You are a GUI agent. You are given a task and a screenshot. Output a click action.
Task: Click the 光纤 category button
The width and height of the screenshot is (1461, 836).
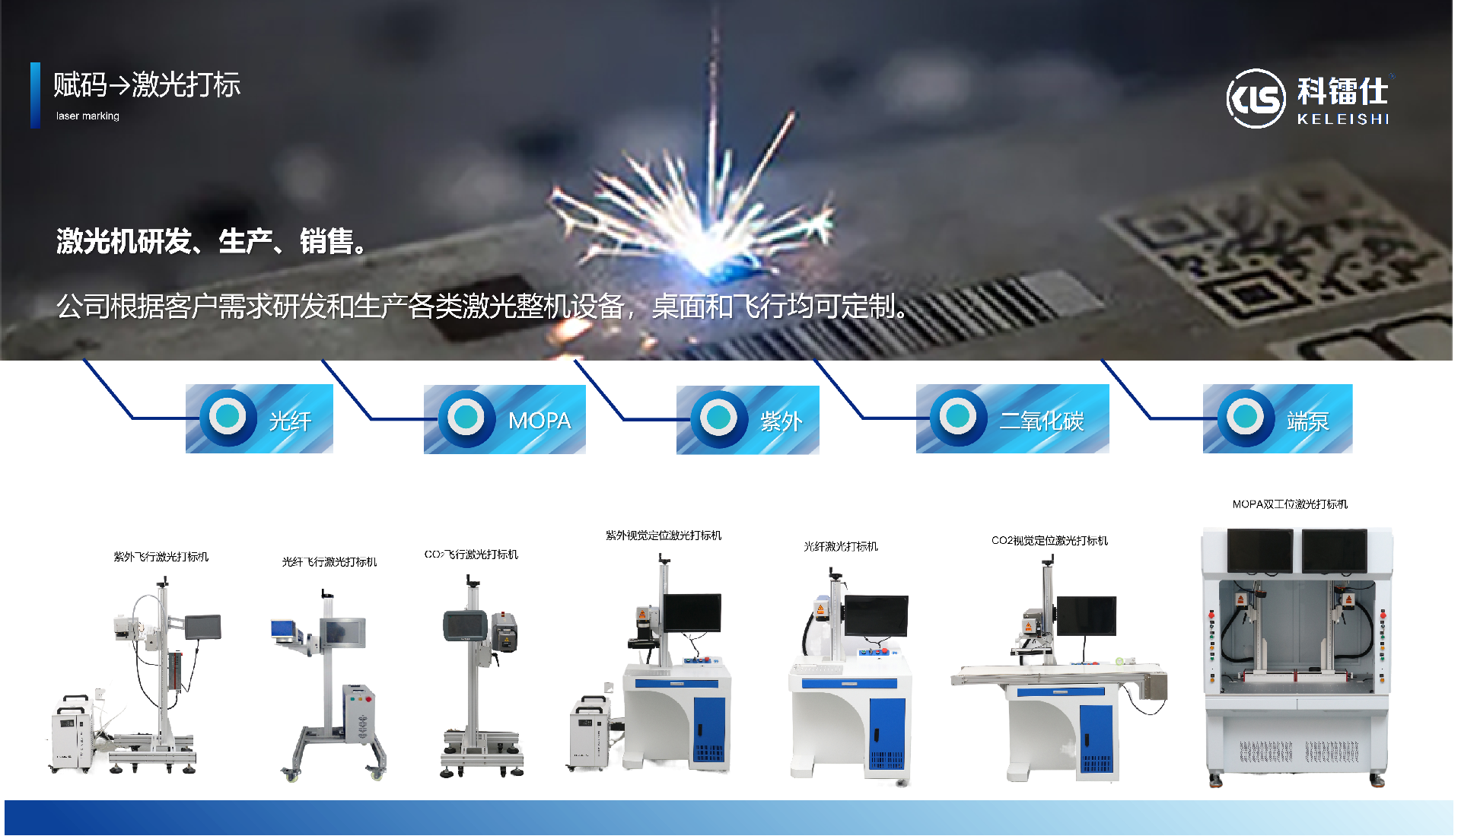point(259,418)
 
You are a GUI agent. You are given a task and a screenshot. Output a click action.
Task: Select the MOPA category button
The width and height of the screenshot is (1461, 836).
point(505,419)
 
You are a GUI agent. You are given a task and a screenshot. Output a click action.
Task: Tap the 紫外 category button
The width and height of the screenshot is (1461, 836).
point(748,420)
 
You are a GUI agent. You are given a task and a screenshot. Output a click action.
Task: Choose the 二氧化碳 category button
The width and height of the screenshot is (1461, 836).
point(1013,418)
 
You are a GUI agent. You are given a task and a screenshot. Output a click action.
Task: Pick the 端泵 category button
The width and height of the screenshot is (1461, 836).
point(1278,418)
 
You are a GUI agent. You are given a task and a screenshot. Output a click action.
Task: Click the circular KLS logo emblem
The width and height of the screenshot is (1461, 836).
point(1256,98)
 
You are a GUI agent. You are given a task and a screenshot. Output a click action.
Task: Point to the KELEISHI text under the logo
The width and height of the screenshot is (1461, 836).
point(1344,119)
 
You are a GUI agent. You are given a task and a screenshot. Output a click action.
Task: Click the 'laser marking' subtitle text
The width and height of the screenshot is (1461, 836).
point(88,116)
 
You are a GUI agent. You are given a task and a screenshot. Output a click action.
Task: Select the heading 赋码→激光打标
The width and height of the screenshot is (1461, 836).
point(147,84)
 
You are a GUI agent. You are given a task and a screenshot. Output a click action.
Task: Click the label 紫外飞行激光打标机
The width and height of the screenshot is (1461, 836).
point(161,557)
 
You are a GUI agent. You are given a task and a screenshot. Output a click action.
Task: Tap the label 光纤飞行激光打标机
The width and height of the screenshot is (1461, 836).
point(329,562)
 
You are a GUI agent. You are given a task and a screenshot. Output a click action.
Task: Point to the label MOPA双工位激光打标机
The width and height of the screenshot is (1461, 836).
point(1290,504)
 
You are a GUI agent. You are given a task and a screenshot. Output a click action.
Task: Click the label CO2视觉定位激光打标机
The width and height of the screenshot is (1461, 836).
point(1050,541)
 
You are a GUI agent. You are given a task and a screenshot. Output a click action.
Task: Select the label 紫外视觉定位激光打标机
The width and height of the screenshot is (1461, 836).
point(664,536)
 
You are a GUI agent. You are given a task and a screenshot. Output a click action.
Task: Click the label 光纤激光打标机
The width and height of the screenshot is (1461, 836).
point(841,547)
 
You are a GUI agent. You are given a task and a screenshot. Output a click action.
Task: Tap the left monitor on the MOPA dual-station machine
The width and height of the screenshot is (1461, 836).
point(1259,551)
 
